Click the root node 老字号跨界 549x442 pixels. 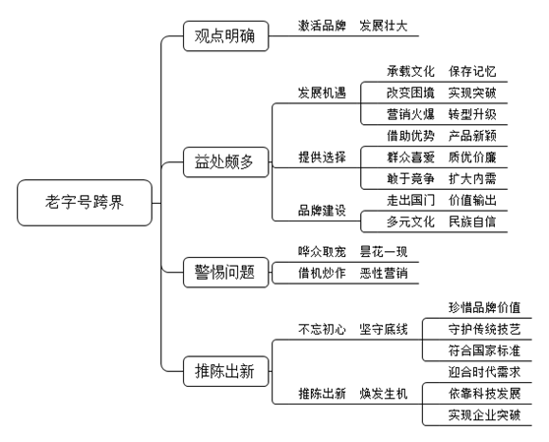85,203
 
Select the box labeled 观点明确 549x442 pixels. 226,36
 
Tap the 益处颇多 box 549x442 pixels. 226,162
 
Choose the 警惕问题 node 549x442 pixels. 226,273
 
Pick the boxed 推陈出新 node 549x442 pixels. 226,371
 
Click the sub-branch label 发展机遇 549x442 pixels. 322,93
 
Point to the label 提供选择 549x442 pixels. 322,158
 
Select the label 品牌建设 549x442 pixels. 322,211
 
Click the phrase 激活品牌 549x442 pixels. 322,26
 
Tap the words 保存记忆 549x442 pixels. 472,72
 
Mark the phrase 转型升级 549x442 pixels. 472,114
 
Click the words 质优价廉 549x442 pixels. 472,158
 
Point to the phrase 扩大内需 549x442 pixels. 472,179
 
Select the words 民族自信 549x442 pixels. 472,221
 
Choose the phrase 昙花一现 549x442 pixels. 384,252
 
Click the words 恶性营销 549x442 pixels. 384,274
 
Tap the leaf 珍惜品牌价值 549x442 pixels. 485,307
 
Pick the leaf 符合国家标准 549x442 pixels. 485,350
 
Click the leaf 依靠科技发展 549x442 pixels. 485,394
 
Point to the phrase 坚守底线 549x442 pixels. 384,329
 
